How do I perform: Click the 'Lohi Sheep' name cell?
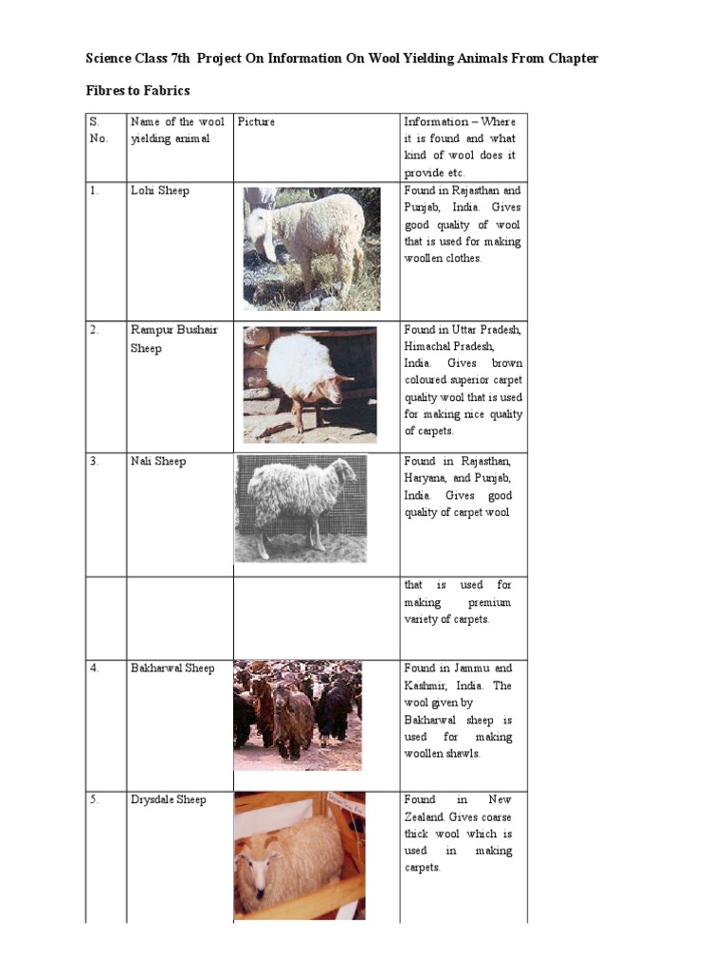coord(159,191)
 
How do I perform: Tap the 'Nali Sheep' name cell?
coord(158,461)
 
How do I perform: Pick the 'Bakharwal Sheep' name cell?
coord(173,668)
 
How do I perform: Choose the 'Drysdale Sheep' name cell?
coord(168,799)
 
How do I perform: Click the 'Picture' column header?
coord(256,121)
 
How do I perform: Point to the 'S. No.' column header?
coord(99,130)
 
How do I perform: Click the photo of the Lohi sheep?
coord(303,248)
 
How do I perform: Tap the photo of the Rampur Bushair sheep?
coord(309,384)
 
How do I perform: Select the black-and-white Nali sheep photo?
coord(300,508)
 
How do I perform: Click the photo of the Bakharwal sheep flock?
coord(298,715)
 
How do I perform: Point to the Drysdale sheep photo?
coord(300,855)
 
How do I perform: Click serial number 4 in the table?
coord(95,668)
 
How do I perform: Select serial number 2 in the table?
coord(95,330)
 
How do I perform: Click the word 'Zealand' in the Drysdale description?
coord(425,816)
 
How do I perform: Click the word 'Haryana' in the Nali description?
coord(428,478)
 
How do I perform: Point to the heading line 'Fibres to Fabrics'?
coord(137,90)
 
